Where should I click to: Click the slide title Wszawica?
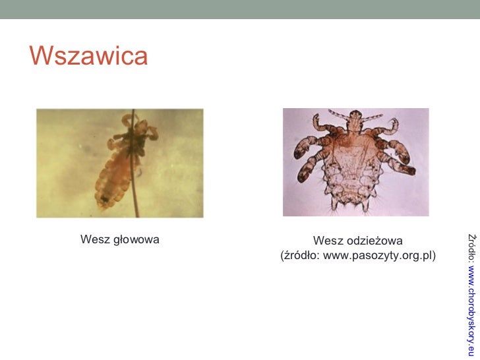coord(88,57)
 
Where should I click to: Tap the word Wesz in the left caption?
coord(94,239)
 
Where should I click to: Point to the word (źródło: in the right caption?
coord(301,255)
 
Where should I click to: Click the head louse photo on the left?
coord(119,163)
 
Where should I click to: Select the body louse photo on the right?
coord(355,162)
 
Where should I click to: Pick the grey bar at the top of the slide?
coord(240,9)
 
